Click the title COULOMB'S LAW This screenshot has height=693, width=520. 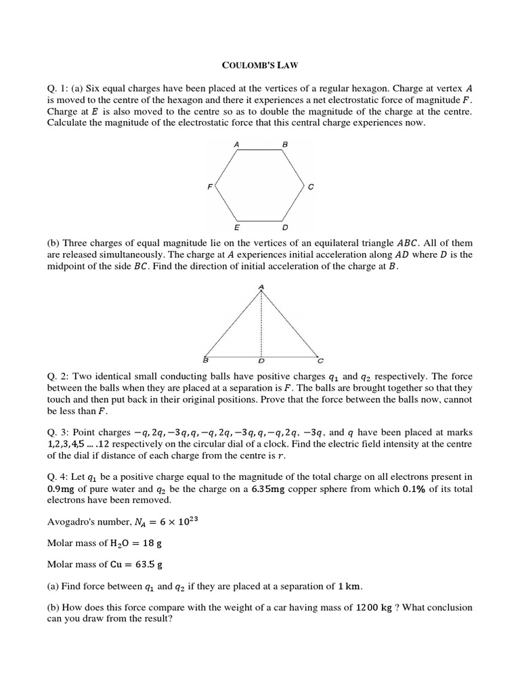click(260, 65)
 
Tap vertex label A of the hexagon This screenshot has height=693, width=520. click(236, 145)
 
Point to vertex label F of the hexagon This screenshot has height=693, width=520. click(210, 187)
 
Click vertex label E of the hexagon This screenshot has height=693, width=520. click(236, 228)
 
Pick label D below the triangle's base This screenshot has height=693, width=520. click(261, 360)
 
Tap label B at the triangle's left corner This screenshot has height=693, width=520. click(205, 359)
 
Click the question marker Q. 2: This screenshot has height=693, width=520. click(58, 376)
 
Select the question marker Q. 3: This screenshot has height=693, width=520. click(58, 432)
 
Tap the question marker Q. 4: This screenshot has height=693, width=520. click(58, 478)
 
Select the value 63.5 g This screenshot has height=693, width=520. click(146, 564)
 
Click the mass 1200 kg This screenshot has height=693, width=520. click(374, 607)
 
